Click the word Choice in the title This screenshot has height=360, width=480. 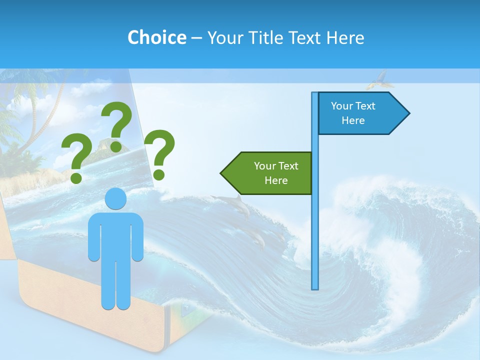coord(156,37)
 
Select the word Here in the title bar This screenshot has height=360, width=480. coord(345,37)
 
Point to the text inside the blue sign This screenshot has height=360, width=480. coord(353,113)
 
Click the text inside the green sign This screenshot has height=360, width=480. coord(276,173)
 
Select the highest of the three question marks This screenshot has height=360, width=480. coord(117,125)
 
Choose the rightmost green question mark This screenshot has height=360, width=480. coord(159,152)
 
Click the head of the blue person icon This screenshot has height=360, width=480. coord(115,199)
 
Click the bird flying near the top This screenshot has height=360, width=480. coord(380,79)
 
